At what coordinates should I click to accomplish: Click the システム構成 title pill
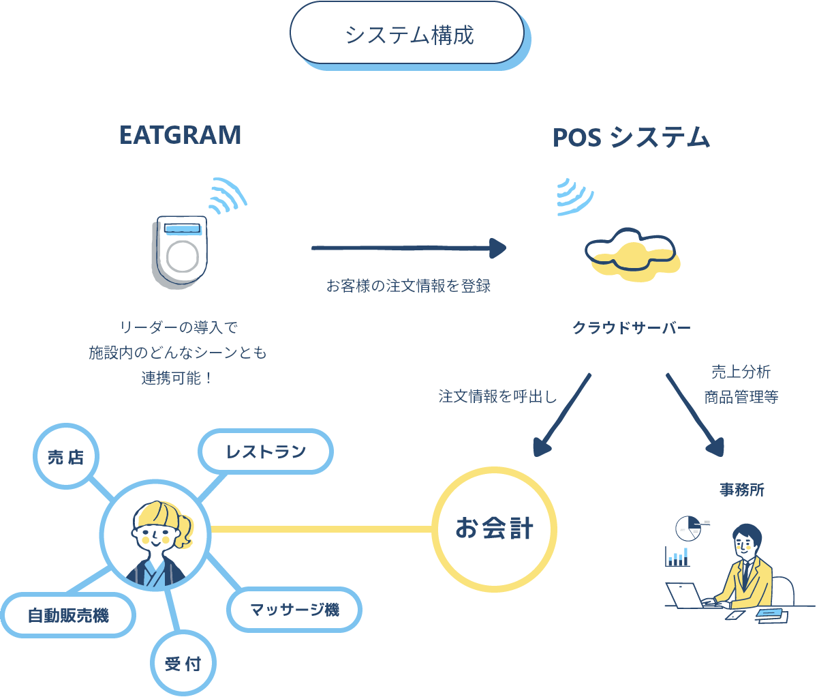click(407, 33)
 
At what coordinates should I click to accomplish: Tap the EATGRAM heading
click(180, 135)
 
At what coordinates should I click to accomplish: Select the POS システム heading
click(631, 138)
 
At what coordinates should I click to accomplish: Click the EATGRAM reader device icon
click(181, 249)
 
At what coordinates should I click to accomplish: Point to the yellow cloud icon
click(632, 252)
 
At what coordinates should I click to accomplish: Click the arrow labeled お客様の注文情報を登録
click(409, 248)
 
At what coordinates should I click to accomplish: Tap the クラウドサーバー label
click(632, 328)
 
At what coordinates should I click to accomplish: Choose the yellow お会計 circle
click(495, 529)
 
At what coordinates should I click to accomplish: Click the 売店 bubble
click(66, 457)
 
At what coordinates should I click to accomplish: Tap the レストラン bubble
click(266, 451)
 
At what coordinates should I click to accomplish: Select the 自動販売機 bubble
click(68, 615)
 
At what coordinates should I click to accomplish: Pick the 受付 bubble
click(183, 663)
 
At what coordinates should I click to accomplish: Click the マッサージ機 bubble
click(294, 609)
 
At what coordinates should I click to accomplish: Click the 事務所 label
click(742, 490)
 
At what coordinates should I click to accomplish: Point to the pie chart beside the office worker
click(688, 527)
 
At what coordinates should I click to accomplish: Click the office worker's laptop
click(685, 595)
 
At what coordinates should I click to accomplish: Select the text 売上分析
click(741, 372)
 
